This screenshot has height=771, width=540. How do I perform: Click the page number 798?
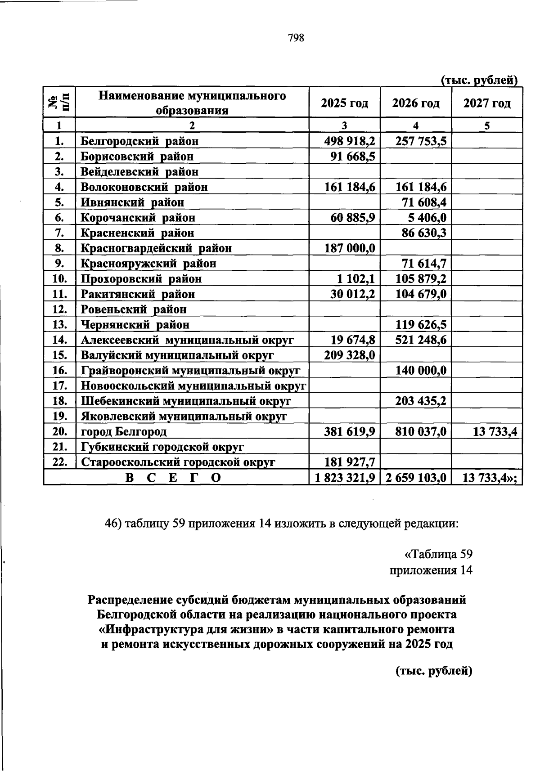point(296,38)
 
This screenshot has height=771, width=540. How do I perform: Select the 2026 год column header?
point(415,103)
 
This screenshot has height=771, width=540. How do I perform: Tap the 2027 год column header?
point(487,103)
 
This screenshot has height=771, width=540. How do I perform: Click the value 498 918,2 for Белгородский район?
point(350,141)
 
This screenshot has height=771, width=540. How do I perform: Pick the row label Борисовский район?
point(137,157)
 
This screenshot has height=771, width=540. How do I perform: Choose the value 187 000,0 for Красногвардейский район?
point(350,248)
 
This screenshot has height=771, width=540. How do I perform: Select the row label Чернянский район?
point(135,325)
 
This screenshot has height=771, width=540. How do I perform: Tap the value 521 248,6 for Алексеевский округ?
point(421,340)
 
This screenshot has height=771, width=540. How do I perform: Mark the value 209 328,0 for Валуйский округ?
point(350,355)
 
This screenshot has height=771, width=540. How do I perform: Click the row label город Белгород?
point(124,432)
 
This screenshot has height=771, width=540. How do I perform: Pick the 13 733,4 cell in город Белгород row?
point(495,432)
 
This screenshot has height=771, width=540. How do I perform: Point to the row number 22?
point(59,462)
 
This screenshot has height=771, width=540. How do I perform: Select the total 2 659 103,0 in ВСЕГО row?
point(416,478)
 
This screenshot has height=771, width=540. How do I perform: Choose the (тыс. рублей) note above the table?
point(479,81)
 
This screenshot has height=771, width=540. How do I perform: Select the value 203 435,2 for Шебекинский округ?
point(421,401)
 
